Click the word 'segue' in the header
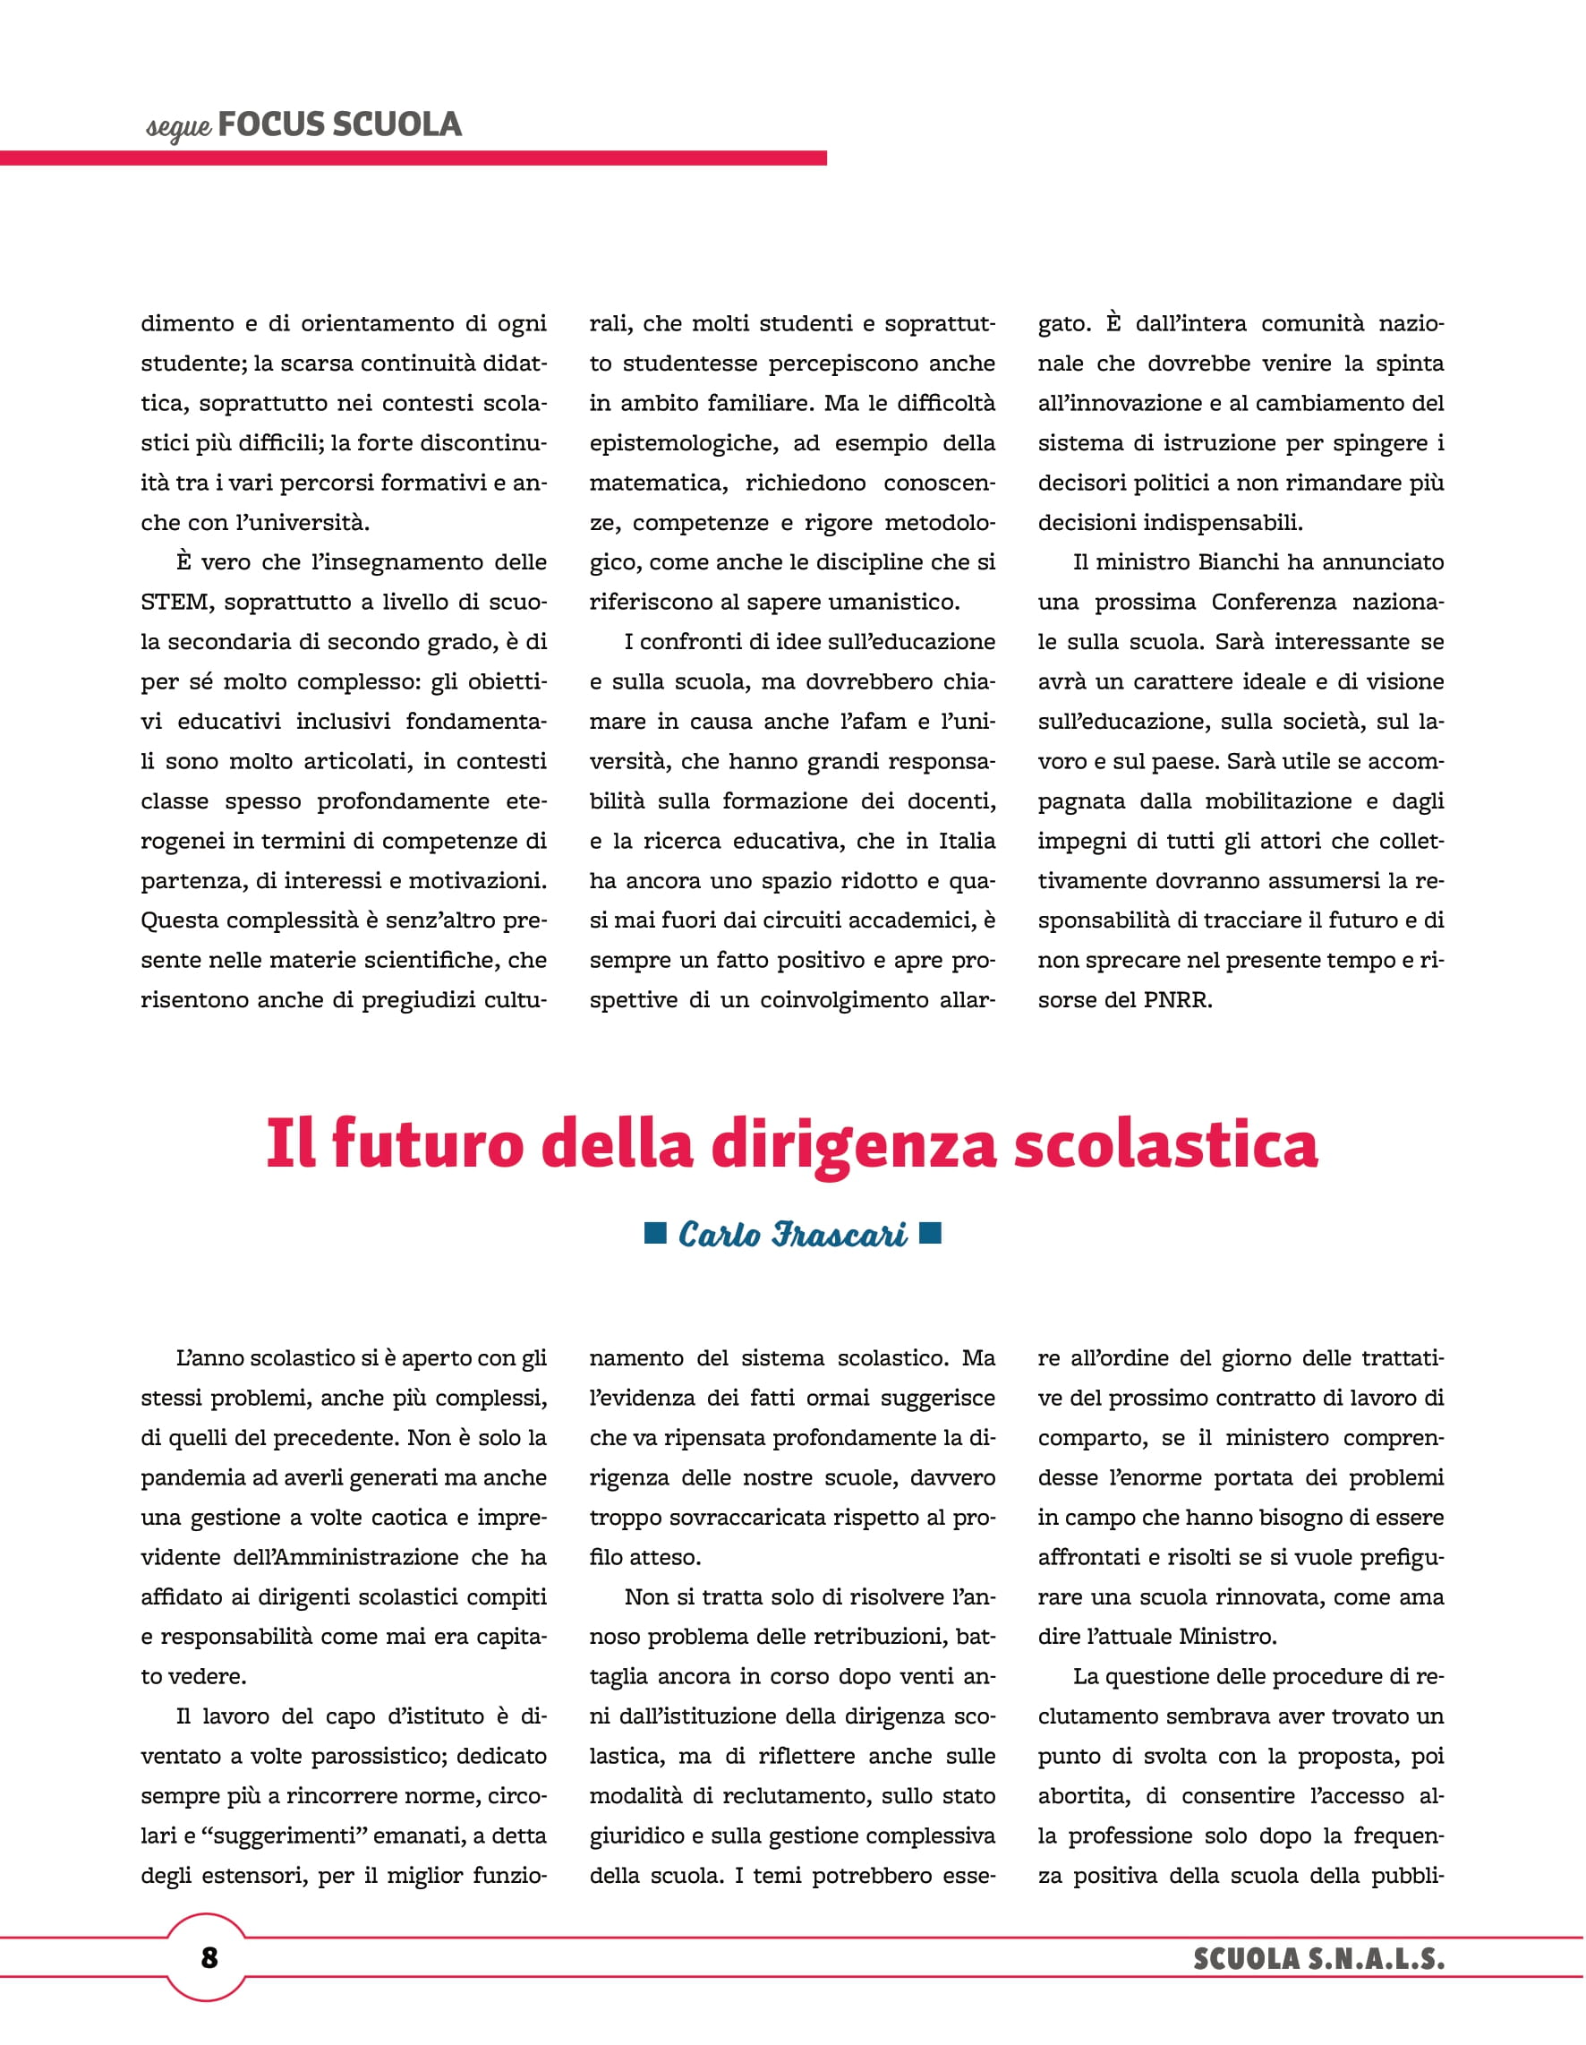(x=178, y=127)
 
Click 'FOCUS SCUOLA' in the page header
(x=339, y=124)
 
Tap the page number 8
(x=209, y=1957)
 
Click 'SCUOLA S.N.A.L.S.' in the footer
(x=1318, y=1958)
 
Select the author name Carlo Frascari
(x=792, y=1234)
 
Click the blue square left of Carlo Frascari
(x=655, y=1232)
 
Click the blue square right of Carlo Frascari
(x=930, y=1232)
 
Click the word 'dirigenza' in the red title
(x=852, y=1144)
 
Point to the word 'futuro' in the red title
(x=427, y=1144)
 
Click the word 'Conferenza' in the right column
(x=1275, y=602)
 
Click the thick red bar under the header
(x=412, y=158)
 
